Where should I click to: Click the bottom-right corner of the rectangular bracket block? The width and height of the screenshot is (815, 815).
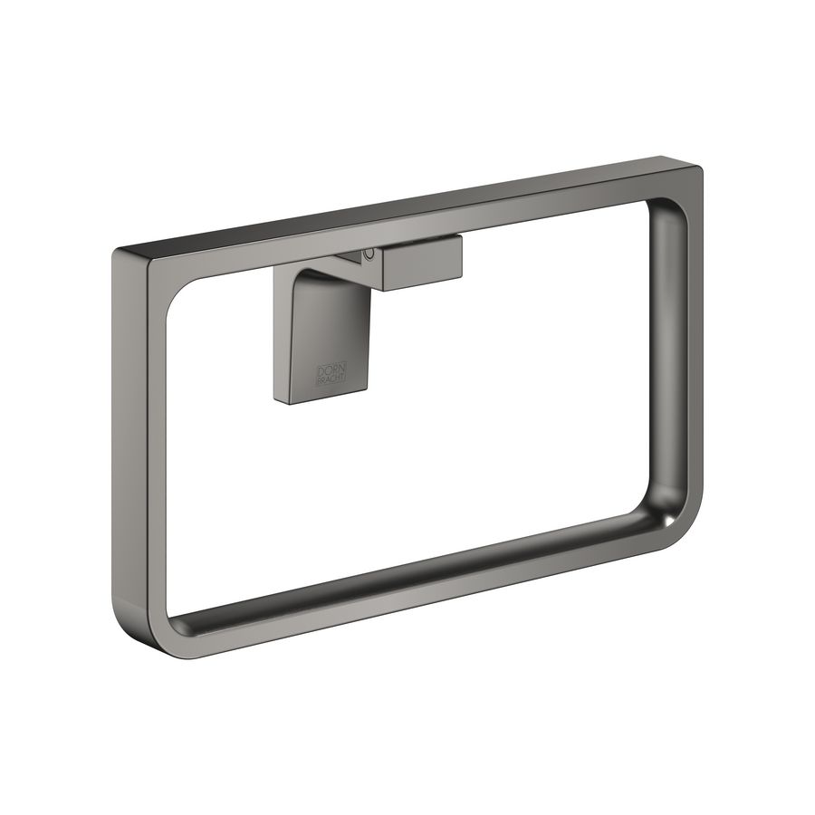461,276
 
